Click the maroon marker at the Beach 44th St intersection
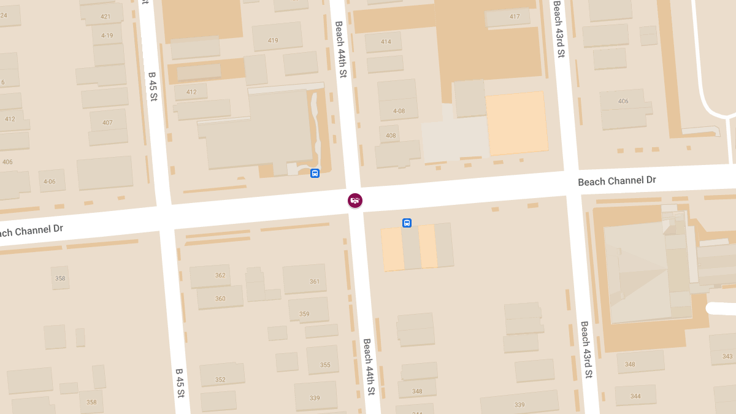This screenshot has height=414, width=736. click(x=355, y=200)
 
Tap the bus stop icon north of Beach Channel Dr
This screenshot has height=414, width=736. click(x=315, y=174)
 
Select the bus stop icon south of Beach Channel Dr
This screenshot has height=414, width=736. click(x=407, y=223)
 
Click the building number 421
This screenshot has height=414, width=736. click(x=105, y=17)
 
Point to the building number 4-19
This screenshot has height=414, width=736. click(x=107, y=36)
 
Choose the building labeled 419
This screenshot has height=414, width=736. click(x=273, y=41)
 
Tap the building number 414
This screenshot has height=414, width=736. click(x=386, y=42)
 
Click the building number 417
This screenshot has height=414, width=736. click(x=515, y=17)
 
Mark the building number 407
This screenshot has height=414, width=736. click(x=107, y=123)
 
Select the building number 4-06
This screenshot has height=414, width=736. click(x=49, y=182)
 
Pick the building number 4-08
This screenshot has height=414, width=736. click(x=399, y=112)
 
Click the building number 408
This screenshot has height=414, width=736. click(x=391, y=136)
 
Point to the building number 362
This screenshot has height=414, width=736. click(x=220, y=275)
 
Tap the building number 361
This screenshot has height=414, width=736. click(x=315, y=282)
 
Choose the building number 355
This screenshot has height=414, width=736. click(x=325, y=366)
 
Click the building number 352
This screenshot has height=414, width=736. click(x=220, y=380)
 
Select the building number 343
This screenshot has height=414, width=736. click(x=727, y=356)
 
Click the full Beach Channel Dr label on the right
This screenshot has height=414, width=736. click(x=616, y=181)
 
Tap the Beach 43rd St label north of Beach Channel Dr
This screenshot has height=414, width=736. click(x=558, y=29)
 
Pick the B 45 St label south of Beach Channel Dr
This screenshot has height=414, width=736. click(x=180, y=383)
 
